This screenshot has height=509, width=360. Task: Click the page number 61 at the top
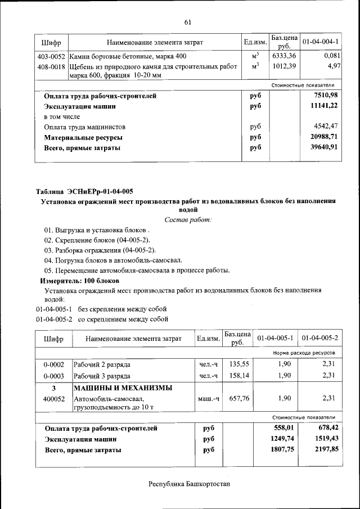pos(187,22)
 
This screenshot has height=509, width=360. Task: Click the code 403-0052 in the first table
pos(51,57)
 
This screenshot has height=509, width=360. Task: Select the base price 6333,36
pos(284,57)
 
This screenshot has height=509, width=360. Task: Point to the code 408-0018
pos(51,67)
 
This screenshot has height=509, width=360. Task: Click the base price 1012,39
pos(284,67)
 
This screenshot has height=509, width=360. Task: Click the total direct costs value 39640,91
pos(326,148)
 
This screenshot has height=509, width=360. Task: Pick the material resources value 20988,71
pos(326,138)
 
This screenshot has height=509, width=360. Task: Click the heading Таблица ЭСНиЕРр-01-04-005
pos(84,192)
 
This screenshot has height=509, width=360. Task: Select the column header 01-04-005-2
pos(319,339)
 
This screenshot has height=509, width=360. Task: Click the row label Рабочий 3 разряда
pos(102,376)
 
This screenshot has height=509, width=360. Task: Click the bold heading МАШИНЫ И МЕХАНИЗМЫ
pos(123,388)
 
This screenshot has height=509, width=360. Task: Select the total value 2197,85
pos(326,450)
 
